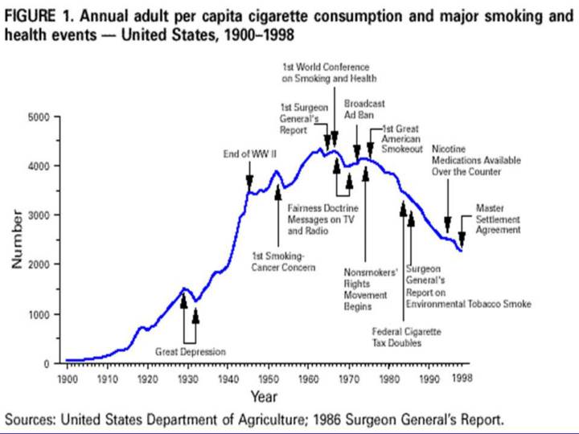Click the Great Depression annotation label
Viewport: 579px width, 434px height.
190,352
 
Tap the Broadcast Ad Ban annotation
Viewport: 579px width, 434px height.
364,108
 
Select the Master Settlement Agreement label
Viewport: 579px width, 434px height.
498,219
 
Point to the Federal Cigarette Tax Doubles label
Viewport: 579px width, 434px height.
407,337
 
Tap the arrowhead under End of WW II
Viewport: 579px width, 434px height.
249,184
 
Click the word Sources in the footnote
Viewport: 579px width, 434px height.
30,420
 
